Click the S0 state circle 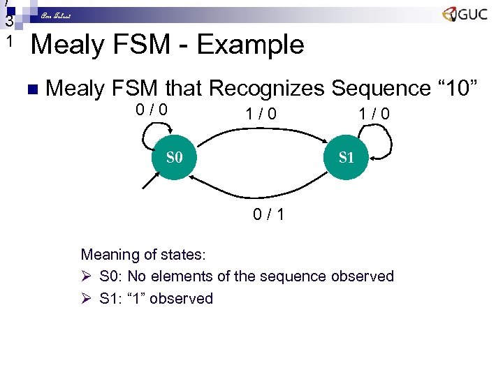(174, 156)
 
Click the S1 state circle (347, 157)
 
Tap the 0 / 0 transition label (151, 110)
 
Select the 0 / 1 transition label (268, 214)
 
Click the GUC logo (465, 15)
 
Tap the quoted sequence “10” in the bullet (456, 89)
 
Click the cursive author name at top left (56, 15)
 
